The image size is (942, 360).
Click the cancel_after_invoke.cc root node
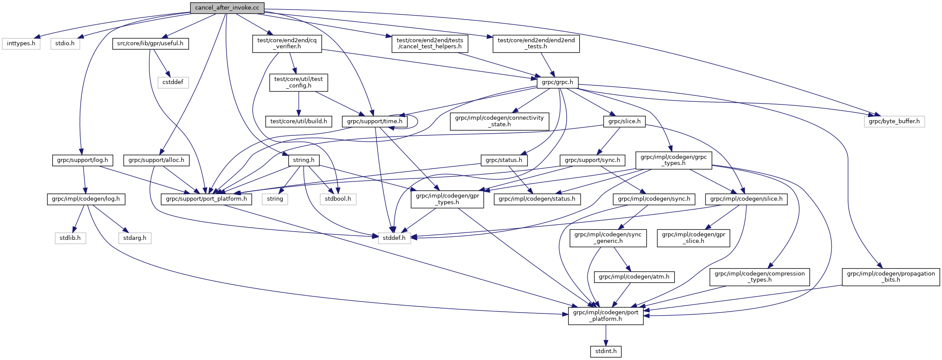[x=227, y=8]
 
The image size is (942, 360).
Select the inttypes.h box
[x=21, y=44]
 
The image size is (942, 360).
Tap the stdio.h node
[x=65, y=44]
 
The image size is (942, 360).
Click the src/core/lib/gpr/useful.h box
[x=150, y=44]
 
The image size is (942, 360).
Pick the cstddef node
[x=173, y=82]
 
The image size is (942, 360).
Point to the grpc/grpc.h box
[x=557, y=82]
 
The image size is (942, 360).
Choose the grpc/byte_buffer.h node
[x=894, y=121]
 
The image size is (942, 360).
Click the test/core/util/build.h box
[x=299, y=121]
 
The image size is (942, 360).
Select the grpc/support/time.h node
[x=375, y=121]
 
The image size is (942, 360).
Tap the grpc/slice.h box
[x=625, y=121]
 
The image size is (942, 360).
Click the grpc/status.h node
[x=504, y=160]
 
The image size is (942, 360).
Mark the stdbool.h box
[x=338, y=199]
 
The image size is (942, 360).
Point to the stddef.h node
[x=394, y=238]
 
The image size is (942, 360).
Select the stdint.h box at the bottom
[x=606, y=351]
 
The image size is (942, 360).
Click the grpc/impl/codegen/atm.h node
[x=634, y=277]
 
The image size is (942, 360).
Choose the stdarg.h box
[x=135, y=238]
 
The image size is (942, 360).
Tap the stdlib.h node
[x=70, y=238]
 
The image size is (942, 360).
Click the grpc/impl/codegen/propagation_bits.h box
[x=891, y=277]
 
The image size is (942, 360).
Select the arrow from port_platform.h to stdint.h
[x=606, y=335]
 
